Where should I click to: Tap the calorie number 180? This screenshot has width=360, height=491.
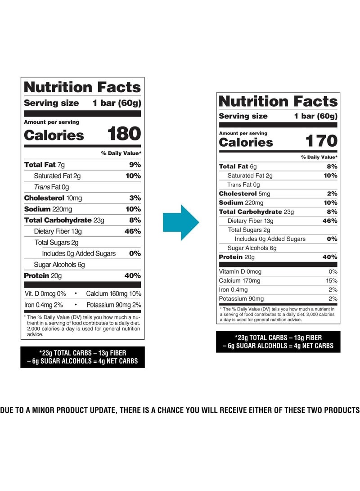(x=124, y=134)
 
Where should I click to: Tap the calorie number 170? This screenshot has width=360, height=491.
(x=321, y=141)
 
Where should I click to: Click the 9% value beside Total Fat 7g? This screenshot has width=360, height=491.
(x=135, y=165)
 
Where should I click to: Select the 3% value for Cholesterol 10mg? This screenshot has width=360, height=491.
(x=135, y=198)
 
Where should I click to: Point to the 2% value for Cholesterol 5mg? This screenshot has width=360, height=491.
(x=333, y=194)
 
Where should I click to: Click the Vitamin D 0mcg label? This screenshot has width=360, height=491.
(x=240, y=272)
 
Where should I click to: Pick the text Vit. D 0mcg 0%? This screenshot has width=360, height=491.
(x=45, y=294)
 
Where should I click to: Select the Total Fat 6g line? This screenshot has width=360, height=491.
(x=238, y=167)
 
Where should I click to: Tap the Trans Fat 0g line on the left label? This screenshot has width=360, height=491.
(x=51, y=187)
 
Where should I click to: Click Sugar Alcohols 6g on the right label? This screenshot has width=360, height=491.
(x=252, y=248)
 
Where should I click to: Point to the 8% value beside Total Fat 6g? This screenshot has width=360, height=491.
(x=333, y=167)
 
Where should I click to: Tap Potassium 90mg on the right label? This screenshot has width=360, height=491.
(x=241, y=299)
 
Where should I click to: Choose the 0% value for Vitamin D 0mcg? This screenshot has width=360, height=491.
(x=333, y=272)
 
